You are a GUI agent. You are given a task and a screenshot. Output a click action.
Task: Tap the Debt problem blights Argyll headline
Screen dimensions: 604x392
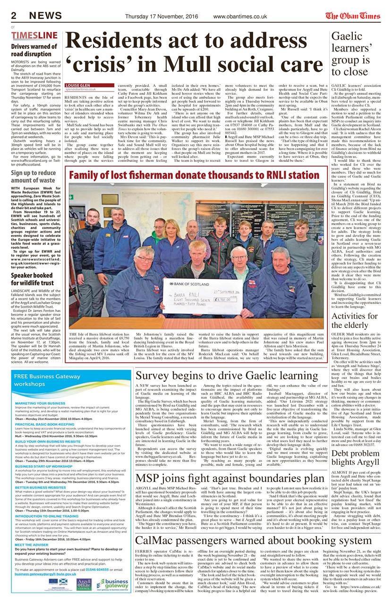[x=355, y=461]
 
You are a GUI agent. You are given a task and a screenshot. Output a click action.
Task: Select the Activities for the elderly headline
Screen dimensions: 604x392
[x=355, y=321]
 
